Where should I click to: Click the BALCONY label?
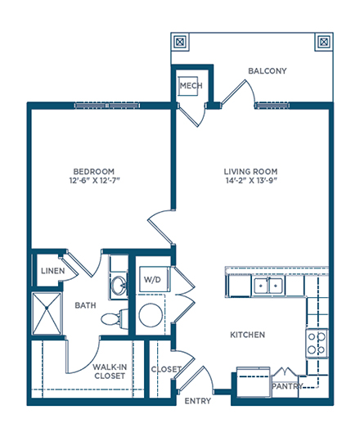pyautogui.click(x=267, y=71)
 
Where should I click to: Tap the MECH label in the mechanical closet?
pyautogui.click(x=191, y=85)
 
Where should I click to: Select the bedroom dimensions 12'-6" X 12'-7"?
pyautogui.click(x=95, y=180)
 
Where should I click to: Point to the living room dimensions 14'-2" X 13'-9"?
pyautogui.click(x=251, y=180)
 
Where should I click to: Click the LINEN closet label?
pyautogui.click(x=53, y=271)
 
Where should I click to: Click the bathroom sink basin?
pyautogui.click(x=119, y=285)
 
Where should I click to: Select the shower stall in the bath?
pyautogui.click(x=47, y=313)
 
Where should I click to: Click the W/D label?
pyautogui.click(x=152, y=280)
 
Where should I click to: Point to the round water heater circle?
pyautogui.click(x=151, y=315)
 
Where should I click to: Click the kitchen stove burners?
pyautogui.click(x=317, y=343)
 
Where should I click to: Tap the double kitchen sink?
pyautogui.click(x=268, y=286)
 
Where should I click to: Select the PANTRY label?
pyautogui.click(x=287, y=386)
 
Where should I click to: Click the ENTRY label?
pyautogui.click(x=198, y=401)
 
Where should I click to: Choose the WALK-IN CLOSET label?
pyautogui.click(x=110, y=372)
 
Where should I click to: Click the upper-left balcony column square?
pyautogui.click(x=180, y=42)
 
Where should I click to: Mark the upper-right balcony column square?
pyautogui.click(x=324, y=42)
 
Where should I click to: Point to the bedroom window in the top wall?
pyautogui.click(x=107, y=106)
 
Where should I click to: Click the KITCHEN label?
pyautogui.click(x=247, y=335)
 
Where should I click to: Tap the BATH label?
pyautogui.click(x=85, y=305)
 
